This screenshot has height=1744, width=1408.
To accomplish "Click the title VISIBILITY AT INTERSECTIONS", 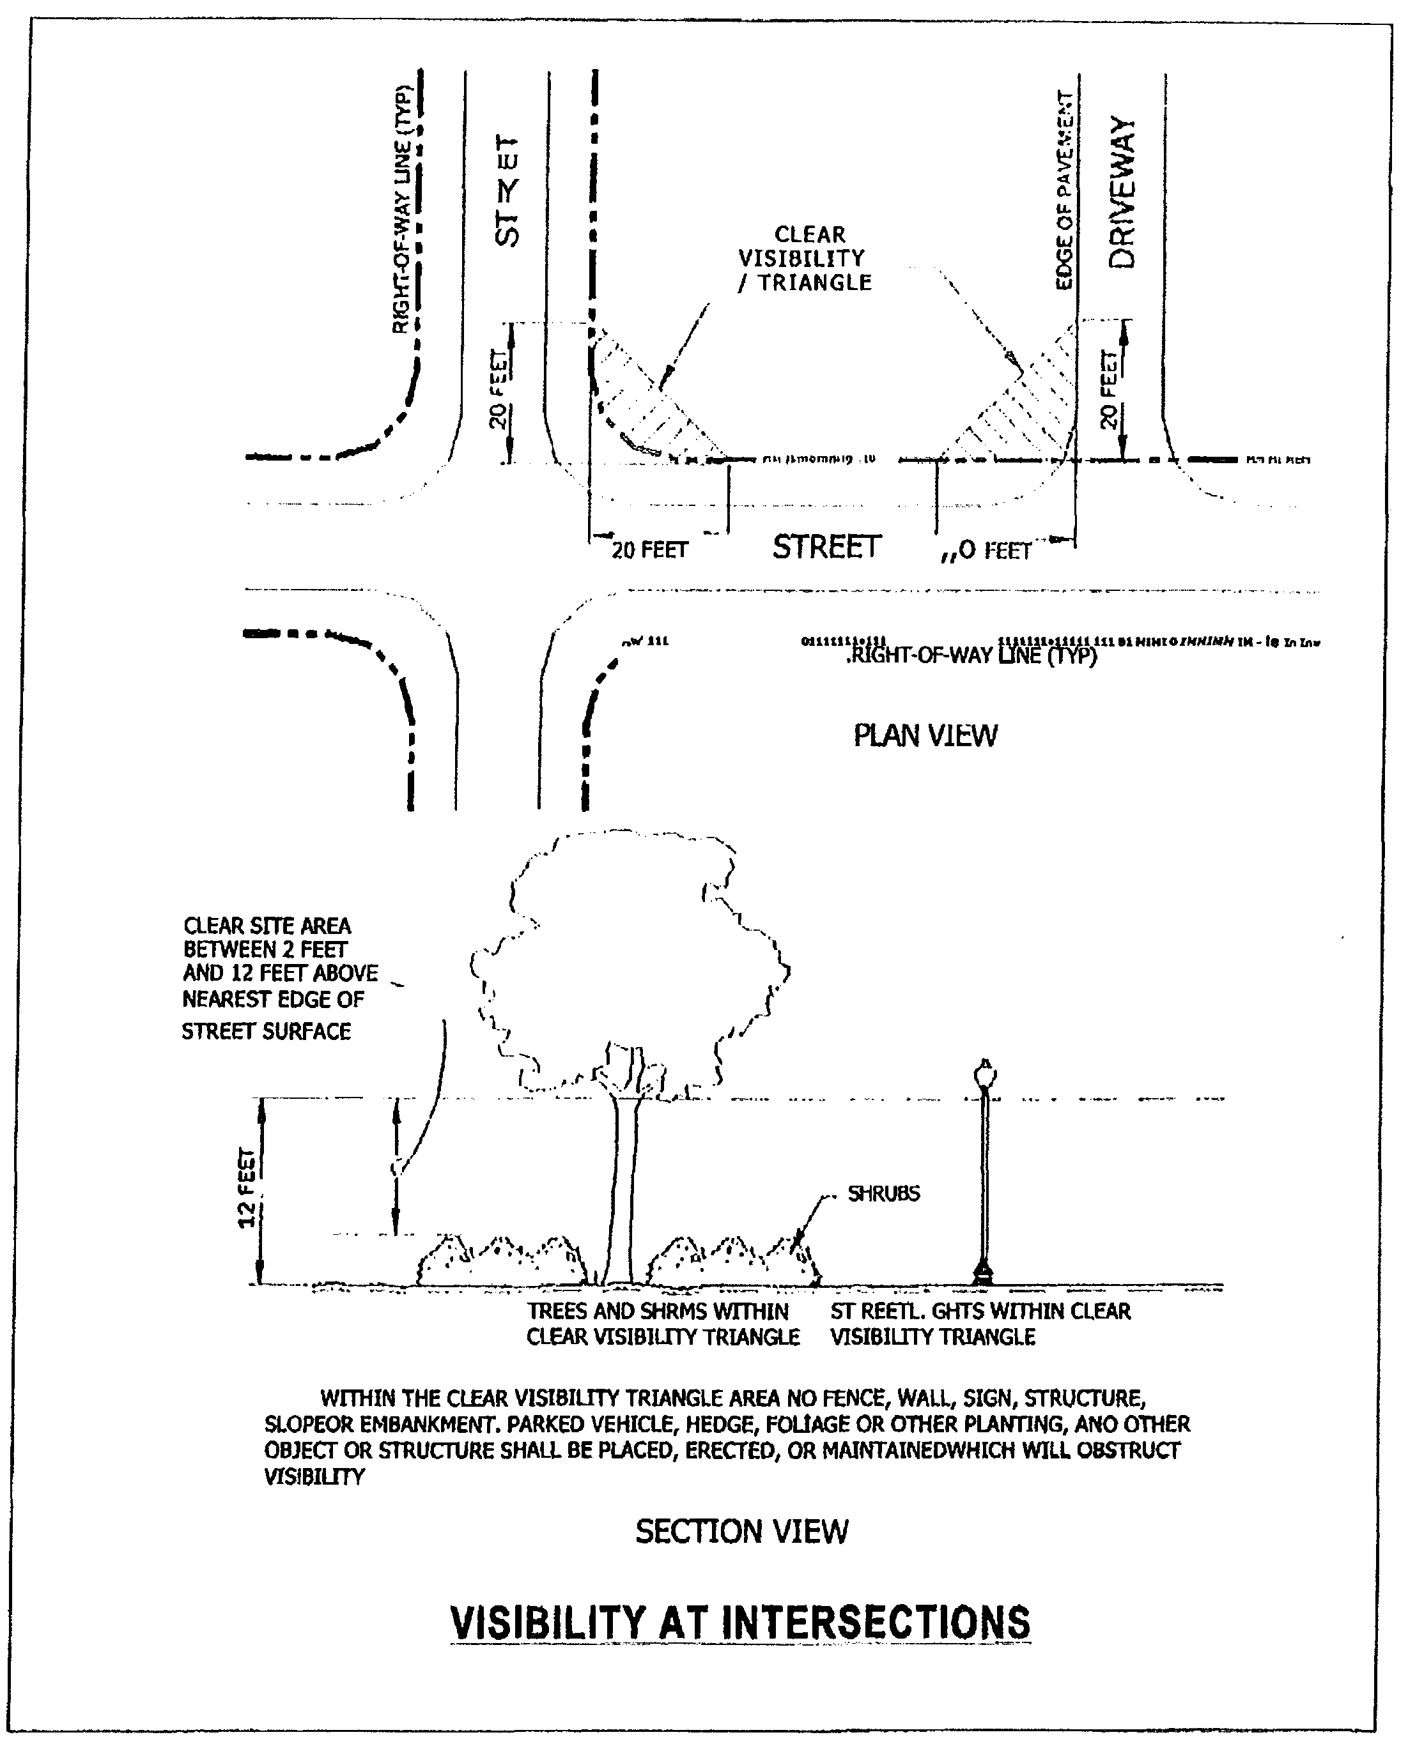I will [x=739, y=1621].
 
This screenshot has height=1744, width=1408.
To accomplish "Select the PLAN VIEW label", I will [x=925, y=735].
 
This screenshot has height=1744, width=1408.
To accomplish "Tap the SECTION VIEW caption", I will [x=741, y=1531].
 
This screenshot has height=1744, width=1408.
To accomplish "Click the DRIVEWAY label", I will [x=1122, y=192].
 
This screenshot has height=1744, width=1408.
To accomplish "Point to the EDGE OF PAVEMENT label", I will [x=1064, y=190].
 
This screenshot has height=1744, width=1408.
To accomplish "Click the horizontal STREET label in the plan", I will [x=826, y=547].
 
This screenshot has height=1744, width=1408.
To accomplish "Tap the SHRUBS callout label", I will [x=883, y=1193].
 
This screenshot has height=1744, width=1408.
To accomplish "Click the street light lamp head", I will [x=985, y=1075].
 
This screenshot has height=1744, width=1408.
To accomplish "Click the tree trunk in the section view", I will [x=624, y=1192].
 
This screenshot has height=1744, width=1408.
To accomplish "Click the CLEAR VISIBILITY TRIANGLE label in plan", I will [x=805, y=259].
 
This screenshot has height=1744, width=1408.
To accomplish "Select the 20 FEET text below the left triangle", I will [x=649, y=551].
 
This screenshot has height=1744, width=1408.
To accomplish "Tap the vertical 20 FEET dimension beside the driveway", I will [x=1109, y=389].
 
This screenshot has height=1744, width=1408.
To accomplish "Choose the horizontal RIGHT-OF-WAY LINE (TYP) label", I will [x=971, y=655].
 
